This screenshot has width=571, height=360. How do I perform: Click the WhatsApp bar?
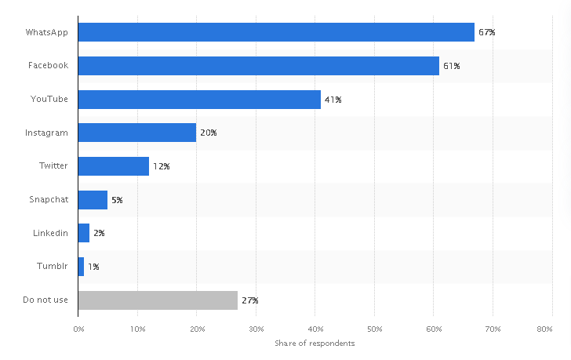tap(276, 32)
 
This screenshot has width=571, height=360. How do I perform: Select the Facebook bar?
tap(259, 66)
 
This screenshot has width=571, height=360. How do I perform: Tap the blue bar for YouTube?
tap(199, 100)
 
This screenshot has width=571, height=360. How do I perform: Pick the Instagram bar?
tap(137, 133)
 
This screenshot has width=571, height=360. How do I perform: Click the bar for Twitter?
tap(114, 166)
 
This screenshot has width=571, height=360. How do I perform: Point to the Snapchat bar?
tap(93, 200)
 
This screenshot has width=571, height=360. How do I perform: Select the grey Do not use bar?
tap(158, 300)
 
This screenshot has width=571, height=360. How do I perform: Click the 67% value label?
tap(487, 33)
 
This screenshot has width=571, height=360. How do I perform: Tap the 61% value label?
tap(451, 66)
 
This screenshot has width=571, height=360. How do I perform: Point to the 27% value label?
tap(249, 300)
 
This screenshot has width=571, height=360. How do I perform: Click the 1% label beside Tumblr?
tap(93, 267)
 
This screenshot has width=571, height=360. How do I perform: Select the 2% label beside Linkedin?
tap(99, 233)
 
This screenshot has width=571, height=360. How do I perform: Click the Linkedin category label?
tap(51, 233)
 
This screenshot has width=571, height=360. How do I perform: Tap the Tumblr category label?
tap(53, 267)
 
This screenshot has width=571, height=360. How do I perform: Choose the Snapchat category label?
tap(49, 200)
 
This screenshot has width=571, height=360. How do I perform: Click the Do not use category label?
tap(46, 300)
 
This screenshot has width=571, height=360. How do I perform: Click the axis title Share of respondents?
tap(315, 344)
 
